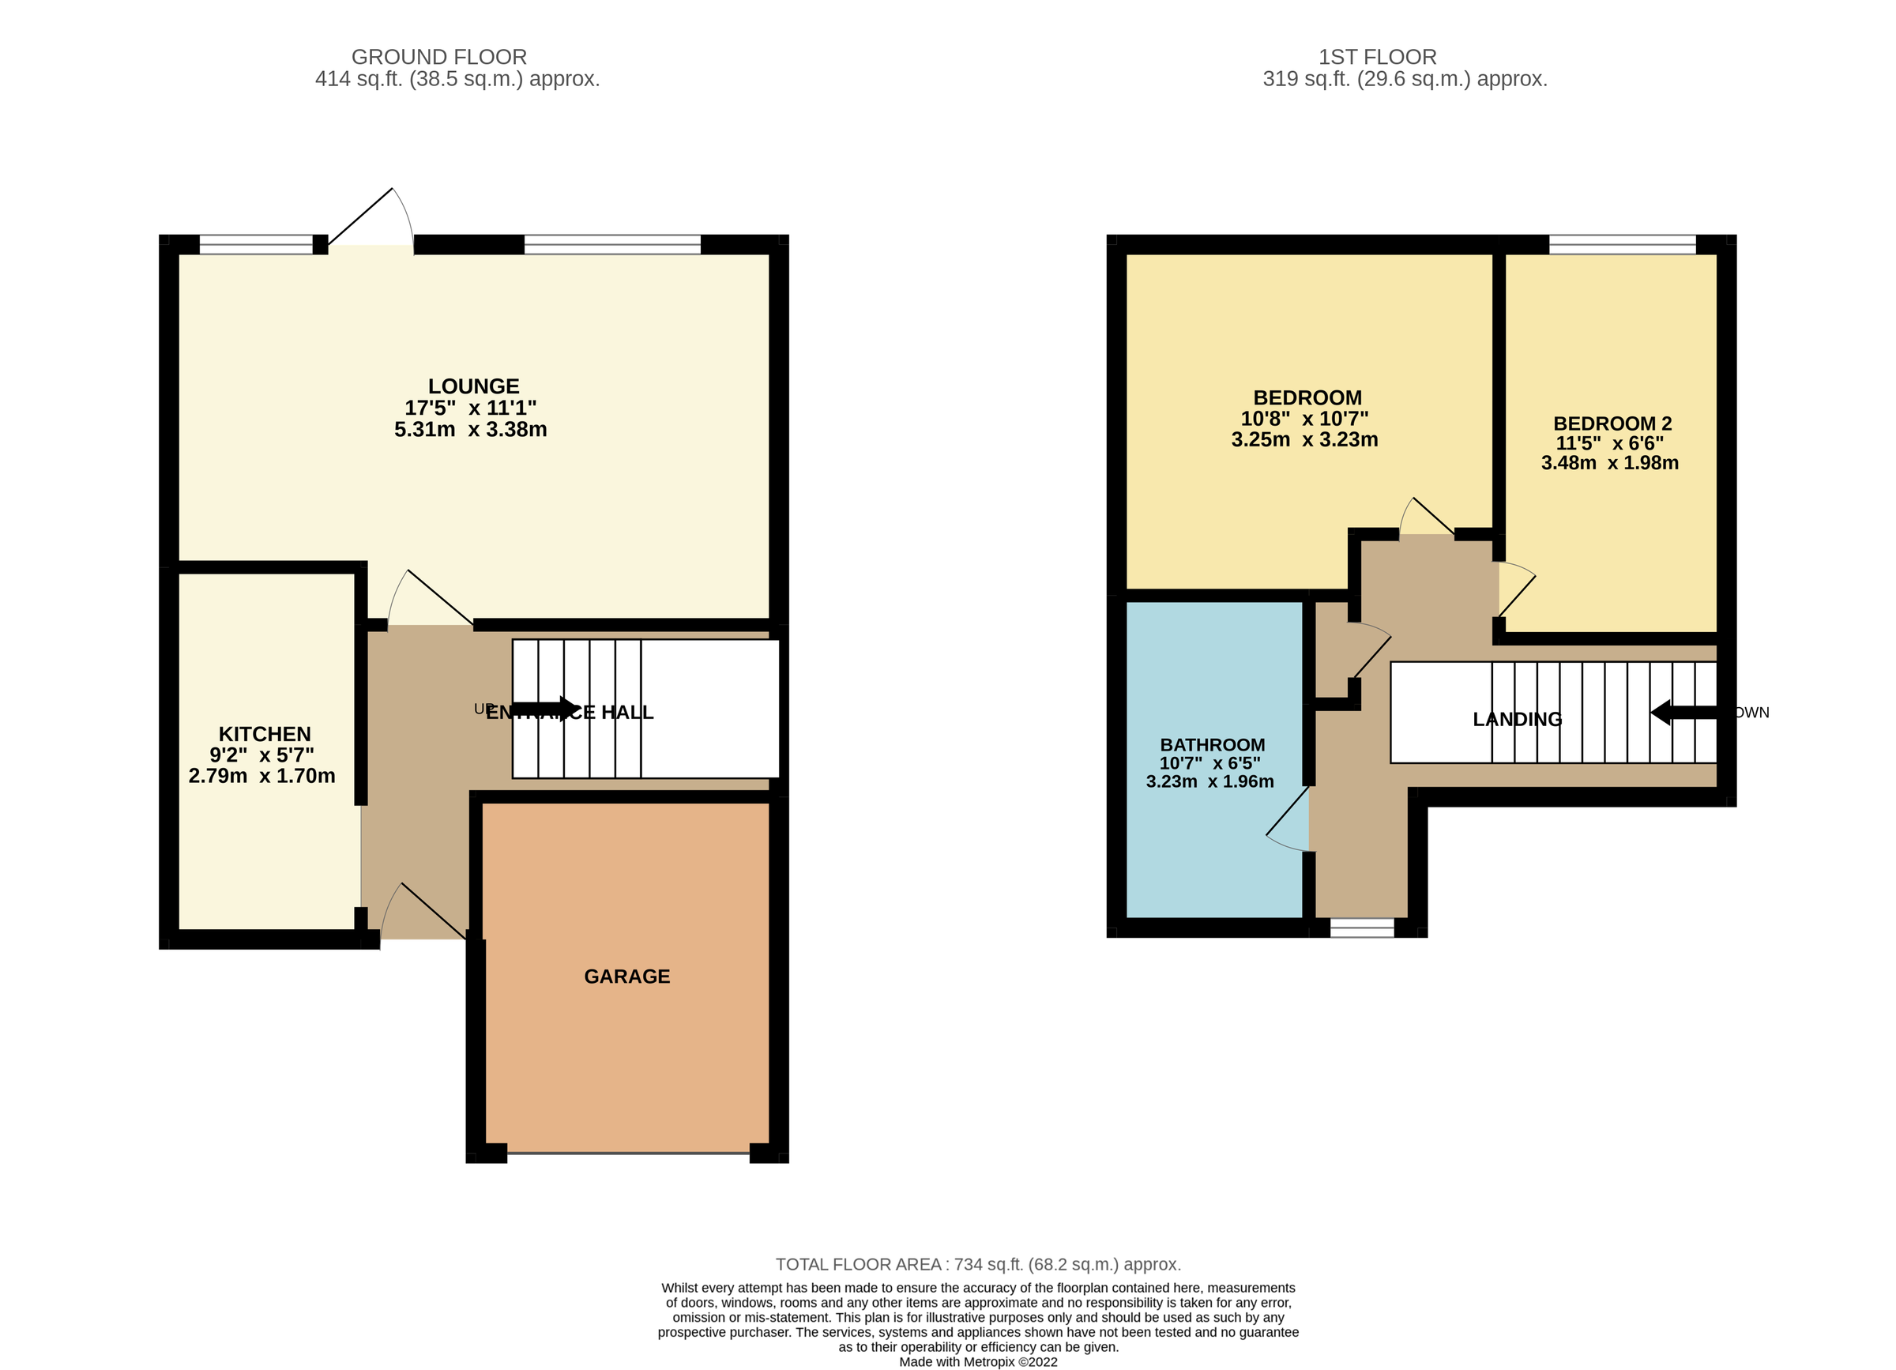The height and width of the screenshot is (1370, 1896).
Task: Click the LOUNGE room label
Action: pos(473,386)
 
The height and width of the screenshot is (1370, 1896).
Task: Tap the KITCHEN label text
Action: pos(264,734)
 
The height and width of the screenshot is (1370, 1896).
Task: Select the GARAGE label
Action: pos(626,977)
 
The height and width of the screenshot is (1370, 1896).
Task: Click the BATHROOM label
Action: pos(1211,745)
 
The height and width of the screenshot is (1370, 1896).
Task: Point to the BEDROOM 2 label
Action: pos(1612,423)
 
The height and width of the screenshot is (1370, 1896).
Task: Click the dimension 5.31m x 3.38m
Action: pos(470,430)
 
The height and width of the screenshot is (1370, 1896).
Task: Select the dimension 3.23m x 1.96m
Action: pos(1209,781)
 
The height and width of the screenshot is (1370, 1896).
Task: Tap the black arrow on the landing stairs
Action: pos(1682,712)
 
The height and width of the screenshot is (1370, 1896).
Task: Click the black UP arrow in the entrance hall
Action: pos(545,709)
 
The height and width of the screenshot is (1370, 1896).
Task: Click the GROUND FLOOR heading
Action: pos(439,57)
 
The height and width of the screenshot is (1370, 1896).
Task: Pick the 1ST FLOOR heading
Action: pos(1377,57)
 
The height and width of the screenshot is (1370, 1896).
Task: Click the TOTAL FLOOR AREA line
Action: pos(977,1264)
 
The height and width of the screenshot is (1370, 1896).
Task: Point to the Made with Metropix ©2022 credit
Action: pos(977,1361)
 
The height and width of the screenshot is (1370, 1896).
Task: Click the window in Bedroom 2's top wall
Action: pos(1622,244)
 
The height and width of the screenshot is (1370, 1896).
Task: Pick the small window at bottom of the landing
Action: pos(1362,928)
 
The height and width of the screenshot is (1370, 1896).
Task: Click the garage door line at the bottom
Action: pos(628,1154)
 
